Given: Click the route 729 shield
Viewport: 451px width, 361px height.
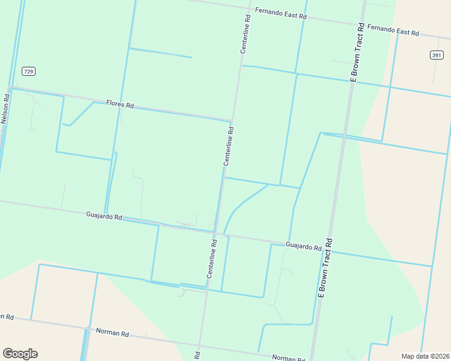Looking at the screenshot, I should [x=28, y=71].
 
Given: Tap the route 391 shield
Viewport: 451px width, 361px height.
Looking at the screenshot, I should [x=437, y=55].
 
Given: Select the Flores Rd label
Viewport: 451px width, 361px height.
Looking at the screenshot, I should [x=119, y=104].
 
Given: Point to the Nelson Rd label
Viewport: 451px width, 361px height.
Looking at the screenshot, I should [x=5, y=109].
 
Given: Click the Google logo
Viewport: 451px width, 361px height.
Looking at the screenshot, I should [x=20, y=354].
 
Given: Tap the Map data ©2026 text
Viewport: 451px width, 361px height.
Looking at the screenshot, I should [x=425, y=356].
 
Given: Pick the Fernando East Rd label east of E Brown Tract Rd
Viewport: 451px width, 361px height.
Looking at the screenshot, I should [x=393, y=30].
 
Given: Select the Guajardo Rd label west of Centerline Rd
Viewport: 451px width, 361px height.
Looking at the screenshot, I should [x=104, y=215].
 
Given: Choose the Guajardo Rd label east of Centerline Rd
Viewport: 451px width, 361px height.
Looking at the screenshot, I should [x=303, y=245].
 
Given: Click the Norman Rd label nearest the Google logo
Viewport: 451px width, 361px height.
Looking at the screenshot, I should [x=112, y=333].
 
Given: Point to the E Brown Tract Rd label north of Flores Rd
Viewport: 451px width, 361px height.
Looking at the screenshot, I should [x=357, y=52].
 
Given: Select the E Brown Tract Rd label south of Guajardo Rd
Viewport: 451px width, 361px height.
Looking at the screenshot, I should [x=326, y=268].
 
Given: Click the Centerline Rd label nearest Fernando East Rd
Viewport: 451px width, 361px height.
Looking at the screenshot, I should [x=245, y=34].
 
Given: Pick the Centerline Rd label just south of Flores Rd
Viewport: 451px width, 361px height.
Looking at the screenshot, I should [x=229, y=146].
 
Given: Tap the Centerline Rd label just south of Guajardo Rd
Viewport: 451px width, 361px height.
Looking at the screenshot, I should [x=212, y=259].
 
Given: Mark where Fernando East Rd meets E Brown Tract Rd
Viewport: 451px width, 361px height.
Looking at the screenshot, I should [x=364, y=24].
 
